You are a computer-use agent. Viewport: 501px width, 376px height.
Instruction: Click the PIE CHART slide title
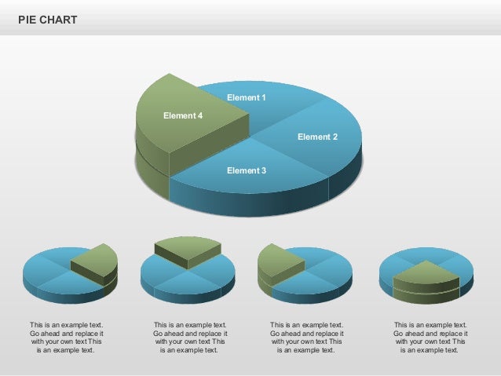point(48,20)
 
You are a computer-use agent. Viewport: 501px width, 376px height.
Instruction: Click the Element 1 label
point(247,98)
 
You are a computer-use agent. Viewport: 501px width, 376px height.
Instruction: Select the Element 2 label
point(317,137)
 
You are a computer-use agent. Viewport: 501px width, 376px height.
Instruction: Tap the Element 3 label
point(247,170)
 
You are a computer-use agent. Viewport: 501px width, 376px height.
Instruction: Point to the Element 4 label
point(183,116)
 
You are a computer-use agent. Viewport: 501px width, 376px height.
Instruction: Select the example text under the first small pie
point(66,338)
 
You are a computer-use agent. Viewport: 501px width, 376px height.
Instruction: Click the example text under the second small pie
point(190,338)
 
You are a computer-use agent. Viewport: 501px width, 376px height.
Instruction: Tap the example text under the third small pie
point(306,338)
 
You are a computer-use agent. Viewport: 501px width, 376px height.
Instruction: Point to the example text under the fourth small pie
point(430,338)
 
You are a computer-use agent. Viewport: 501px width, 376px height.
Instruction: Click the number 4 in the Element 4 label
point(200,116)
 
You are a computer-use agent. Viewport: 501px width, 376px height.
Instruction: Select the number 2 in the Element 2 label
point(335,137)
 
